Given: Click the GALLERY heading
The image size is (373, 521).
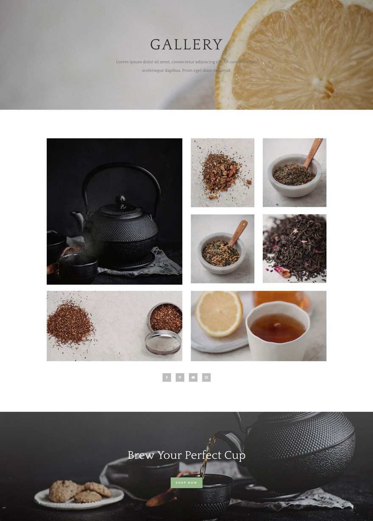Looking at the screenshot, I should point(186,44).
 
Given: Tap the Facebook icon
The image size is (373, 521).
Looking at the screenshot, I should point(167,377).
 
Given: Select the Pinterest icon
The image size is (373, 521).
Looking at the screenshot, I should point(180,377).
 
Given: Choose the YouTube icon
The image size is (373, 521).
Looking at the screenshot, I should point(193,377).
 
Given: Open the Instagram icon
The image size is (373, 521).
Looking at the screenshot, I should point(206,377).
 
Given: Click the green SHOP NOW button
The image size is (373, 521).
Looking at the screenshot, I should point(186,482).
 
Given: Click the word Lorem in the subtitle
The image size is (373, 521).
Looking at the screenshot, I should point(122,62).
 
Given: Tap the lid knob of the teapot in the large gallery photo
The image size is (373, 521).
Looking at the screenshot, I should point(121,199).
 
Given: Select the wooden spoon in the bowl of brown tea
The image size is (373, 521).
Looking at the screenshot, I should point(238,233).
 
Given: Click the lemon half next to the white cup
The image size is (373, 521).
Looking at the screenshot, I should point(219,313).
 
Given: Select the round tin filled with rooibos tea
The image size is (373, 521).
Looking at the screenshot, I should point(166,317).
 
